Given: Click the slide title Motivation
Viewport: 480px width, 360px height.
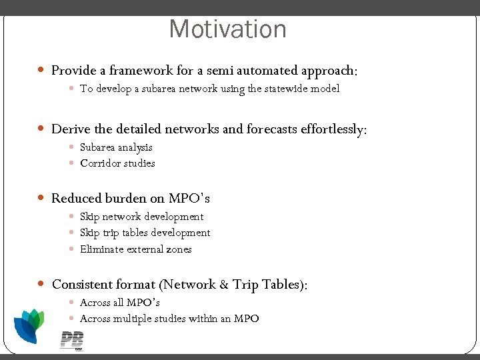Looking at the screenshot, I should (x=227, y=29).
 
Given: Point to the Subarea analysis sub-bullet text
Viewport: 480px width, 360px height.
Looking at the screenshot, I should (x=116, y=147).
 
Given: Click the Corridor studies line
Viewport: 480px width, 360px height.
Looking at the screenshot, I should (x=117, y=163).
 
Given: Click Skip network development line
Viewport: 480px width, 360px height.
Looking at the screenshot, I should (x=141, y=217).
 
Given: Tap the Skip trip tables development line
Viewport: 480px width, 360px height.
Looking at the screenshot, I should (x=145, y=233).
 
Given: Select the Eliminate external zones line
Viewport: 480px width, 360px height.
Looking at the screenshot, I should (x=135, y=249).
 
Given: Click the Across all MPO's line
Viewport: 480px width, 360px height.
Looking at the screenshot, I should (x=120, y=303).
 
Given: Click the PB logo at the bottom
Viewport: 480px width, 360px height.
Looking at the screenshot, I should (x=71, y=340).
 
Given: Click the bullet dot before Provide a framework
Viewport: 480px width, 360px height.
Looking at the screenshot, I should (x=41, y=70).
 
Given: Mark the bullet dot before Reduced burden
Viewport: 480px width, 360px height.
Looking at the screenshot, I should (x=41, y=198).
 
